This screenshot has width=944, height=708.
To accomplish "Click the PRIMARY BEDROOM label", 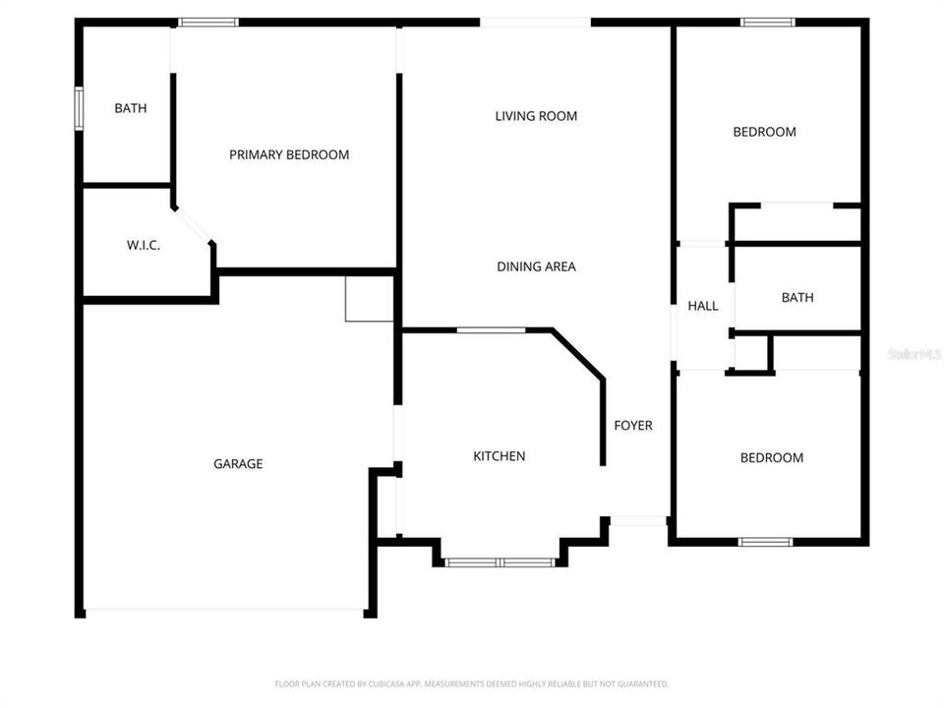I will (x=289, y=154).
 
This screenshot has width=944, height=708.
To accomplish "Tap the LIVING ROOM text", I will (x=536, y=116).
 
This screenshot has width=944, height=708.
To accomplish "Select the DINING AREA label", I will (x=536, y=266).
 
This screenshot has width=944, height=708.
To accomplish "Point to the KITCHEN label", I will (x=500, y=456).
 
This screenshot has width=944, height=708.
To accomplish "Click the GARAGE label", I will (x=238, y=464).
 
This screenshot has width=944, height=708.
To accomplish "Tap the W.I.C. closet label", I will (x=144, y=245).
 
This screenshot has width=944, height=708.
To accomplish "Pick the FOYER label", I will (x=633, y=426).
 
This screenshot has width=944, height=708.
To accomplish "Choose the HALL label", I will (x=703, y=306).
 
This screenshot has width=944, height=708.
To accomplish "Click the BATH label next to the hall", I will (x=797, y=297).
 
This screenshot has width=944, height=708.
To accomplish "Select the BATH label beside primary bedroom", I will (x=131, y=108).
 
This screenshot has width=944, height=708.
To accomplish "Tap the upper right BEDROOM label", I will (x=764, y=132).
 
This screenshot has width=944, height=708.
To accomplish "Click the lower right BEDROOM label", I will (x=771, y=457).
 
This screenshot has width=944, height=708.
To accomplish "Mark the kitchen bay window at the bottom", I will (x=500, y=562).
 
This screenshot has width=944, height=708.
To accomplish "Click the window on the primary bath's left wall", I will (x=79, y=108).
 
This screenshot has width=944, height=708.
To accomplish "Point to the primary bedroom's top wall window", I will (x=208, y=22).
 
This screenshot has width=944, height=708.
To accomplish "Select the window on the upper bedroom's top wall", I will (x=768, y=22).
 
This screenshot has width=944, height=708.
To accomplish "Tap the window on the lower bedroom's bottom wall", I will (x=765, y=541).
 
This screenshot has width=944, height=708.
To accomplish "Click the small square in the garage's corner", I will (x=369, y=298).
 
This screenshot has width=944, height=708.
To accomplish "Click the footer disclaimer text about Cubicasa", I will (x=472, y=683).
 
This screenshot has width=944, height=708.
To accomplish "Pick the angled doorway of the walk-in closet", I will (x=195, y=225).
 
